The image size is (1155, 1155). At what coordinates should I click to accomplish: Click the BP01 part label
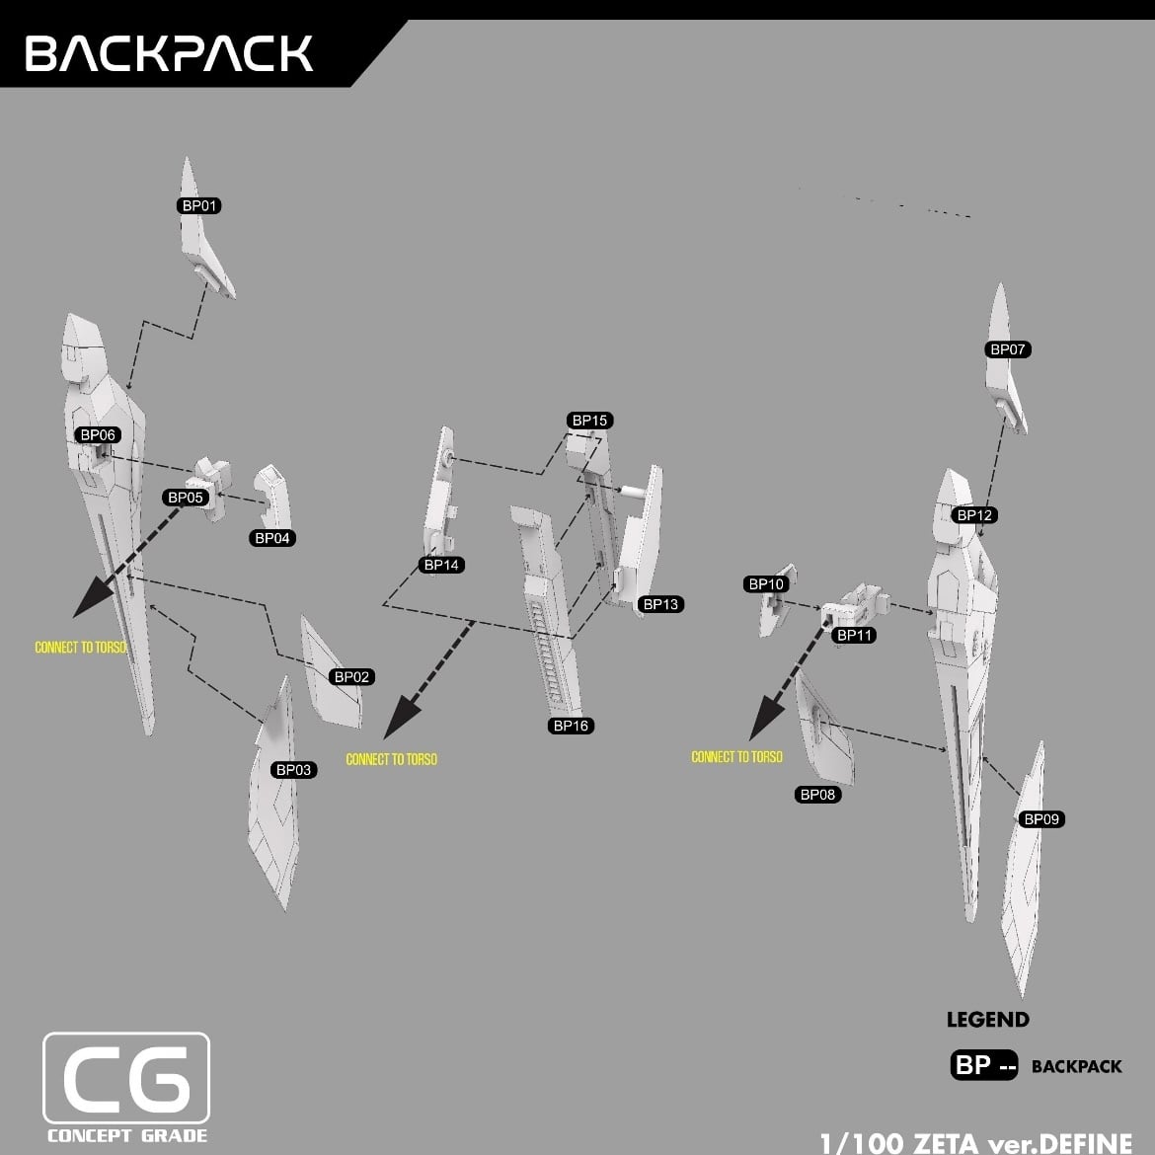199,205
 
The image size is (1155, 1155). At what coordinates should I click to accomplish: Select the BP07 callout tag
1007,349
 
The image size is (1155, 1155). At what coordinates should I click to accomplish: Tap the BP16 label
571,726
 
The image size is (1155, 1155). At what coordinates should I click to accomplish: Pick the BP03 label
293,770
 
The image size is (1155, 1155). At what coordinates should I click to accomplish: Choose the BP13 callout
660,604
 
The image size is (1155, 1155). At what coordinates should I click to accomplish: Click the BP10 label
766,584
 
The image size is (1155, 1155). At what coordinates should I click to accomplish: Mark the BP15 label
589,421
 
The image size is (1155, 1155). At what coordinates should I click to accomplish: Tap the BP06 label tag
98,435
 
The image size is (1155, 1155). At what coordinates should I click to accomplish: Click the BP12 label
974,515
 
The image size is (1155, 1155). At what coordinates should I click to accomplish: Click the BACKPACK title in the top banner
169,53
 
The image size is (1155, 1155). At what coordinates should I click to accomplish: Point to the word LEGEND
987,1020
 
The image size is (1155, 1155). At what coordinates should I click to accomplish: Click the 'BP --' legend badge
983,1066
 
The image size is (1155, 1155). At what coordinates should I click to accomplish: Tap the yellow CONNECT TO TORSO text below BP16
391,759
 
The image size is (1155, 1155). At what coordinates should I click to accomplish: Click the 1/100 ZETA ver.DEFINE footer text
975,1143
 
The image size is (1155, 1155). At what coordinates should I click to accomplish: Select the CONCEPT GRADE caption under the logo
126,1135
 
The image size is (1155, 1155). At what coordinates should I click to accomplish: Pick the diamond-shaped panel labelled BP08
825,731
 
